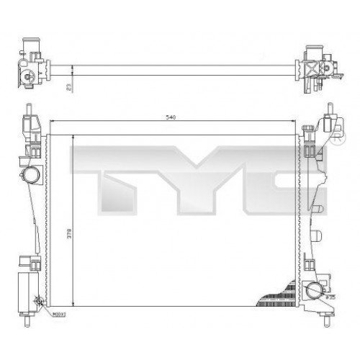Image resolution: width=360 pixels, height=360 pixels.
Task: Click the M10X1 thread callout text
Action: [57, 314]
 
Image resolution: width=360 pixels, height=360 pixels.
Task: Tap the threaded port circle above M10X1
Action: [39, 303]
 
